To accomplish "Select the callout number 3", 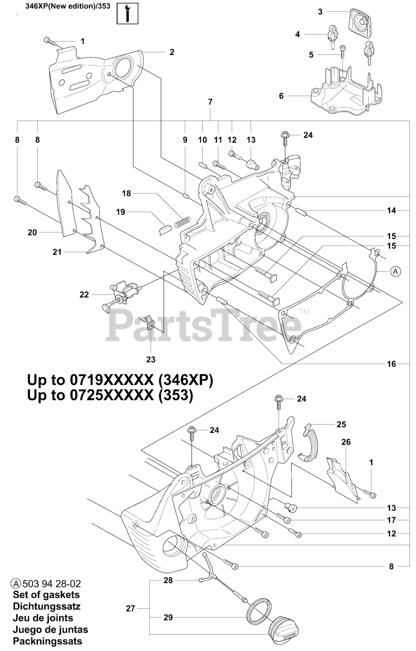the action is (x=320, y=11).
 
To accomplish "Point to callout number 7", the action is (x=210, y=102).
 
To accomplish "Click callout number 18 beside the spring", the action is (x=126, y=193).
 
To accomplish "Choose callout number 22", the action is (x=84, y=294).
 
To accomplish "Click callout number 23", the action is (x=151, y=360).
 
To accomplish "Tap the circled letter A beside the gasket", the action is (x=396, y=272).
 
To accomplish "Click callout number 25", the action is (x=341, y=423).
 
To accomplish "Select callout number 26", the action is (x=346, y=442).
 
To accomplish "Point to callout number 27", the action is (x=130, y=608).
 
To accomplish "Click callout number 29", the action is (x=169, y=617).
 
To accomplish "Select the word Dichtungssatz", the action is (x=46, y=606).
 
